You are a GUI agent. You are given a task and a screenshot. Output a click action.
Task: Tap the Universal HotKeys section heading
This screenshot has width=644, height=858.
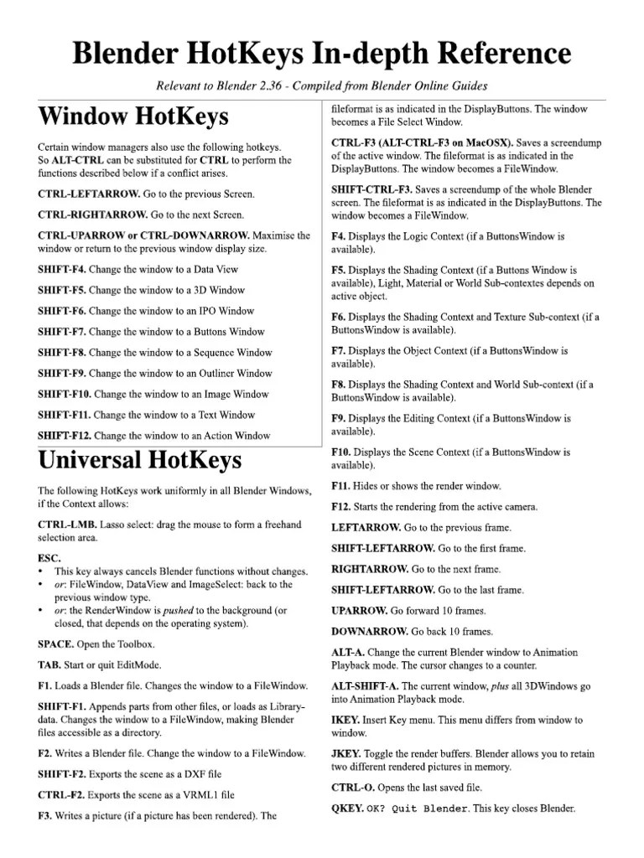pyautogui.click(x=139, y=459)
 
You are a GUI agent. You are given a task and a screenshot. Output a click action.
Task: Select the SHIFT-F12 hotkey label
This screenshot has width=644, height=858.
pyautogui.click(x=64, y=436)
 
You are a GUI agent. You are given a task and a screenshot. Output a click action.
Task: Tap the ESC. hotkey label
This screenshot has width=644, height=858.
pyautogui.click(x=49, y=557)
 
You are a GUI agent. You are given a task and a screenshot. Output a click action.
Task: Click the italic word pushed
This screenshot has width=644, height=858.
pyautogui.click(x=187, y=611)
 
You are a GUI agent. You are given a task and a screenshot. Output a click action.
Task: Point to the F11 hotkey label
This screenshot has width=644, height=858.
pyautogui.click(x=340, y=486)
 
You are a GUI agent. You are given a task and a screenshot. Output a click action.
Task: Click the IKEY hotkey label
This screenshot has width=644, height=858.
pyautogui.click(x=345, y=720)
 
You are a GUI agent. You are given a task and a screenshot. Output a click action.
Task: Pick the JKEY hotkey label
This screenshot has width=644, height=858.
pyautogui.click(x=345, y=753)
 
